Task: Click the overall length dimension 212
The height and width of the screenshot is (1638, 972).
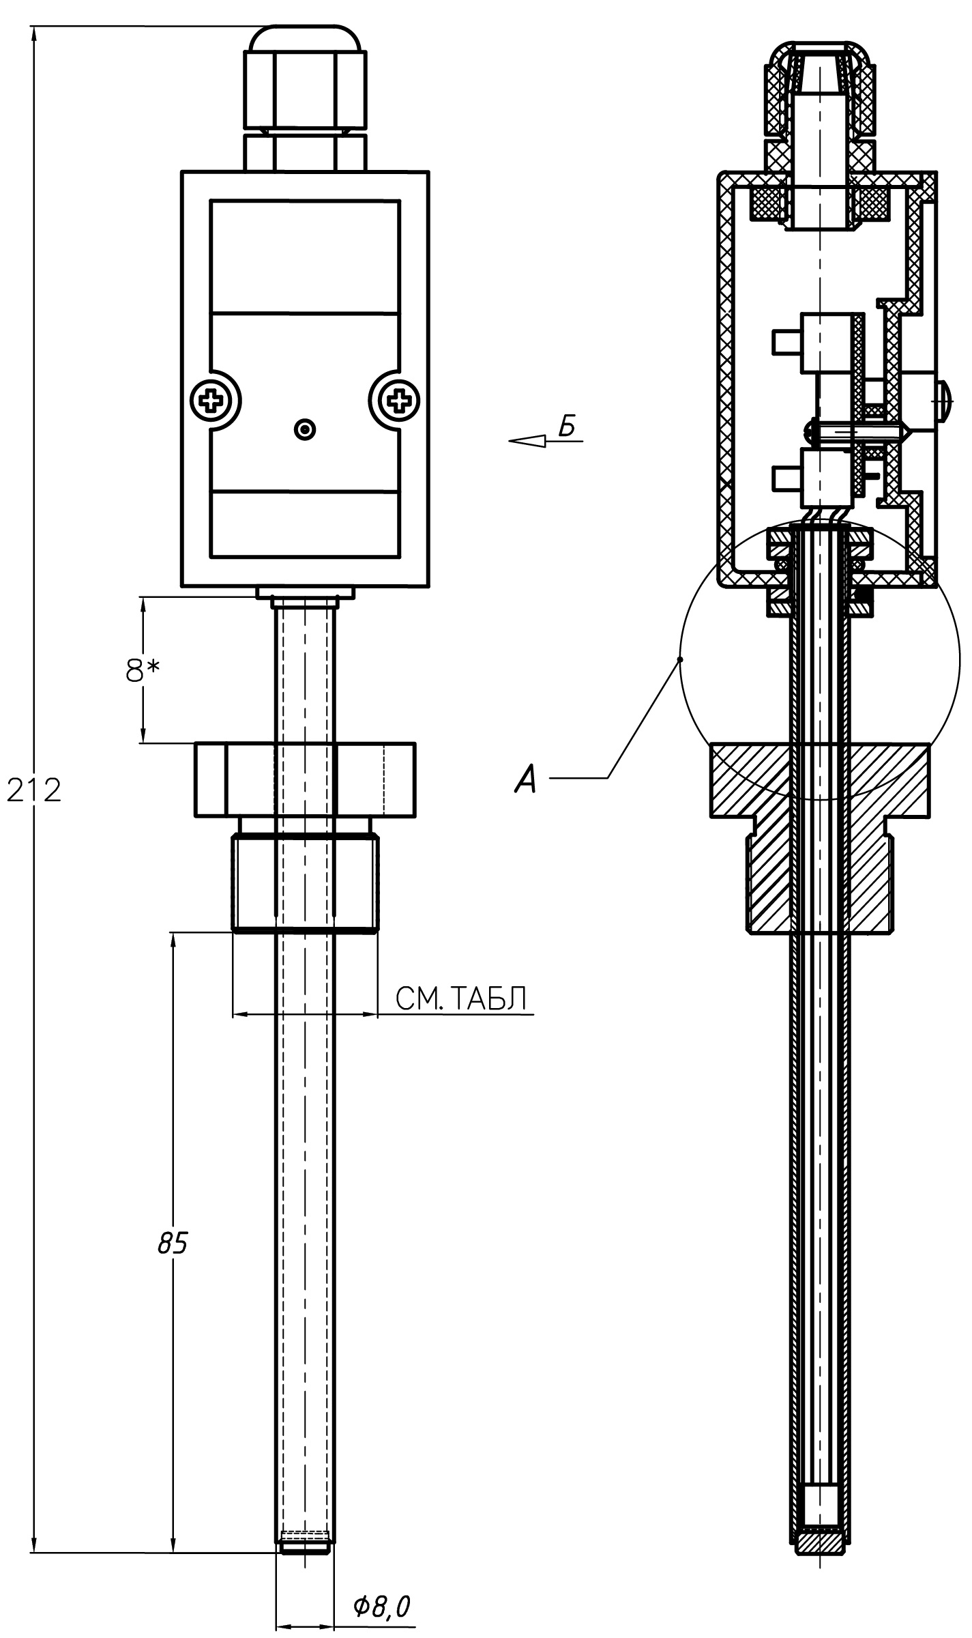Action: pos(34,790)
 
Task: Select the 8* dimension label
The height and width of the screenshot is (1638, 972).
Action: pos(143,670)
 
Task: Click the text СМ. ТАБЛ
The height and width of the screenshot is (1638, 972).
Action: pos(462,998)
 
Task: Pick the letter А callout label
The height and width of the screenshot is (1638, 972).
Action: pos(526,778)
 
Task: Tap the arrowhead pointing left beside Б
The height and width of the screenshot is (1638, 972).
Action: pos(527,441)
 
